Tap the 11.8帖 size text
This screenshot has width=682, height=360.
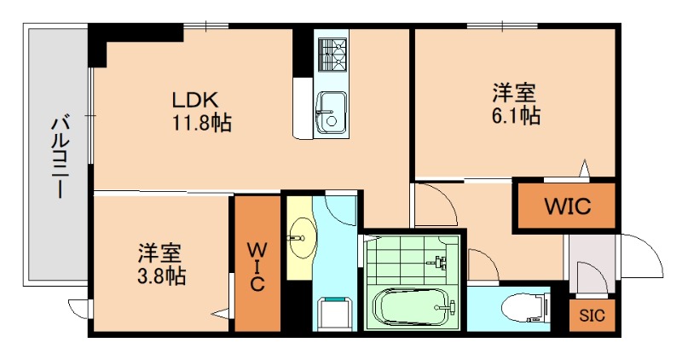click(x=201, y=122)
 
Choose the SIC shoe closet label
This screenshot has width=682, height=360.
click(x=592, y=316)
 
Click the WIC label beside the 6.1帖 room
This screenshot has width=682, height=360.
click(x=567, y=206)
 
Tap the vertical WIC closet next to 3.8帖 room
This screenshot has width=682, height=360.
click(x=257, y=265)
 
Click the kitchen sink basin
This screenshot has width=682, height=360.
click(x=329, y=108)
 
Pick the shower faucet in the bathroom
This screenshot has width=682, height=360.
click(x=440, y=260)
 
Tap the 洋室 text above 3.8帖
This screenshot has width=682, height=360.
click(x=160, y=253)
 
